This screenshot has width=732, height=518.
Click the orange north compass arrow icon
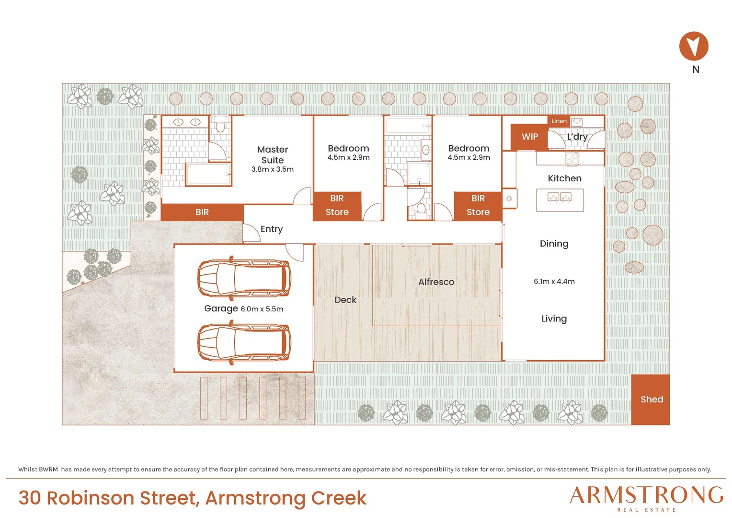[694, 46]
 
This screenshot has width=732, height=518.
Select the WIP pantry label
[529, 137]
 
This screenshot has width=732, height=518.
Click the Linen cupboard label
[559, 121]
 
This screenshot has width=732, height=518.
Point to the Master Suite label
[273, 155]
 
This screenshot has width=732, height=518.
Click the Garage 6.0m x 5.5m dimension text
[244, 308]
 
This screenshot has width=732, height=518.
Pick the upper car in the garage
[244, 279]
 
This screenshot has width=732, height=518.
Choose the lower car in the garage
[244, 342]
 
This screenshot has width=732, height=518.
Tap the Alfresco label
[436, 282]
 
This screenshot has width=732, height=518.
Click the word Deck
[345, 300]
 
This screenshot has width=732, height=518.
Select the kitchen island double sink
[560, 198]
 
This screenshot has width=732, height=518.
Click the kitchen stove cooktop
[572, 159]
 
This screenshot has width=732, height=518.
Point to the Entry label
[272, 229]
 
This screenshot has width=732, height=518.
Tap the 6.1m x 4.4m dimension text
[554, 282]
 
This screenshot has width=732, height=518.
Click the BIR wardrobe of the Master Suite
[202, 212]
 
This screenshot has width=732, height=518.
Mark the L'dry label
[577, 137]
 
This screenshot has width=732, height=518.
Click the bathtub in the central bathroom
[408, 126]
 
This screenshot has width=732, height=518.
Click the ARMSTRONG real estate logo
[646, 498]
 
